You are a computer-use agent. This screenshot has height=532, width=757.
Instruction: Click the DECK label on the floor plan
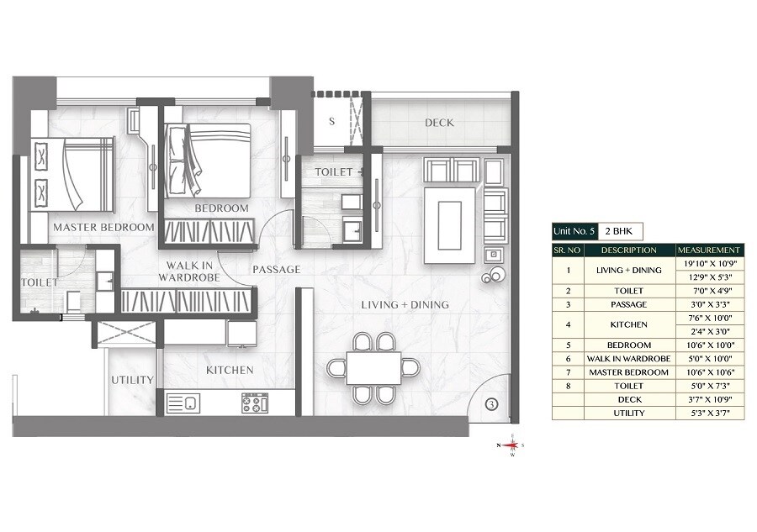click(439, 123)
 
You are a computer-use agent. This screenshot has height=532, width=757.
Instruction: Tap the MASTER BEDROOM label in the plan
click(103, 227)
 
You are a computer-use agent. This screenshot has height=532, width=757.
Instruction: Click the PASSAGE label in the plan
click(277, 270)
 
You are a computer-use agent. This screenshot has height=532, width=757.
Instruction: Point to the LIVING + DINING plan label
click(405, 304)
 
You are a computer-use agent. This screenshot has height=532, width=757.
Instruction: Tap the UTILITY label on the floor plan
click(132, 380)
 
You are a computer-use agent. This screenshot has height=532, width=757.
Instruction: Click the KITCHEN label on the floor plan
click(230, 370)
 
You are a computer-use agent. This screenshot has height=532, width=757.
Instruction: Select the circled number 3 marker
click(493, 404)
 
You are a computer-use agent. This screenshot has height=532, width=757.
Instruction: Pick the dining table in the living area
click(373, 367)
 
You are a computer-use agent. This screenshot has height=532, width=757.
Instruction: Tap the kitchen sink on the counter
click(184, 403)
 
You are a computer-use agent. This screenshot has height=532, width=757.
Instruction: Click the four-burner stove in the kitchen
click(256, 403)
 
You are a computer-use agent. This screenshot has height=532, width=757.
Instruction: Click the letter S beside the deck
click(331, 121)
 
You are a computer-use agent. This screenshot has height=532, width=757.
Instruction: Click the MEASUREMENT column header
click(710, 250)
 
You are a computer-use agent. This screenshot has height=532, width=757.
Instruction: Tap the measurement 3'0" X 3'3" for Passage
click(710, 304)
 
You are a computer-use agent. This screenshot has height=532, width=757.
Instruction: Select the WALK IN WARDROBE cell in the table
click(629, 359)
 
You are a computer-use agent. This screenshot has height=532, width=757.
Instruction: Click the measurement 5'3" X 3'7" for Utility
click(710, 413)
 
